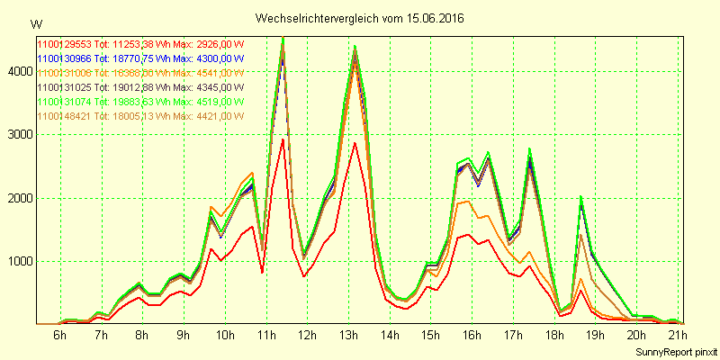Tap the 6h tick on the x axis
[59, 336]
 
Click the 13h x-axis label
[347, 336]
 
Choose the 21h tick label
[677, 336]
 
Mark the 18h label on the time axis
[553, 336]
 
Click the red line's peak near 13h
[355, 142]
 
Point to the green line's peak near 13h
[355, 46]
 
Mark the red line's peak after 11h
[283, 139]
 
